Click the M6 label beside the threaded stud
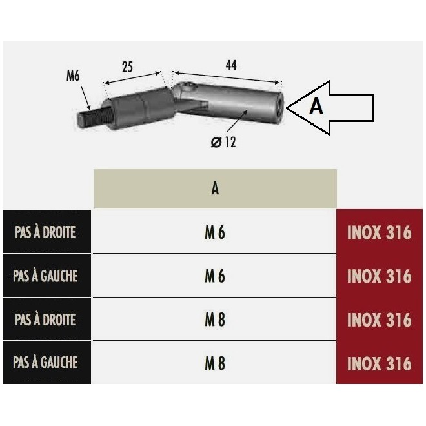73,76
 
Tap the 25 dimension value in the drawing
127,66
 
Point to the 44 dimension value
230,65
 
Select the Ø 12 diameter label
223,142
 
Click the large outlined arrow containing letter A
329,107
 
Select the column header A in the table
215,188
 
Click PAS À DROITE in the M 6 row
45,232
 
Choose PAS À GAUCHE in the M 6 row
45,276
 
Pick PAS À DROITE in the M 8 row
45,319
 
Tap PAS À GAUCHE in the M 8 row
45,363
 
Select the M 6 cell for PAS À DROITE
215,232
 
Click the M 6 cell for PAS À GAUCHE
215,276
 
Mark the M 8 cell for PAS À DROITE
215,319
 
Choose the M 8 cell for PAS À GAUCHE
215,363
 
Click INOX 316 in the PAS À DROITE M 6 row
380,232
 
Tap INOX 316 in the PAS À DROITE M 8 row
380,319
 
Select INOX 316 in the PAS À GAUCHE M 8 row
380,363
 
